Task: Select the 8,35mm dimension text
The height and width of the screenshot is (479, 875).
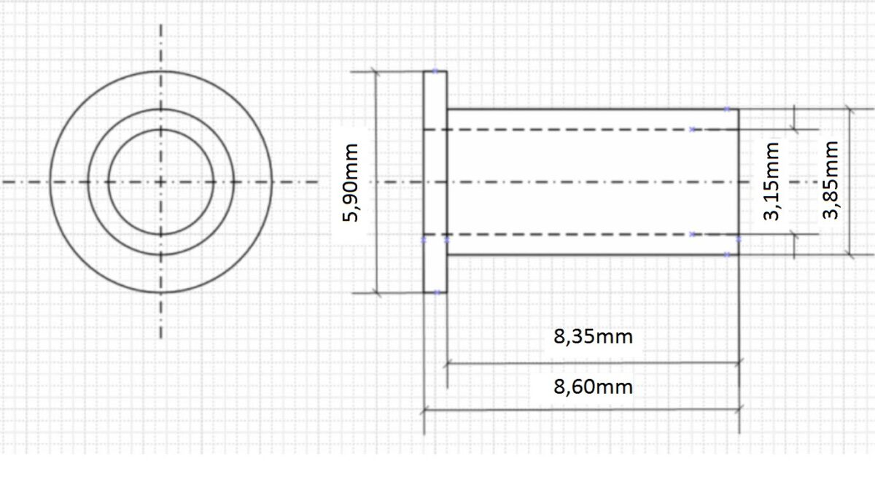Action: click(593, 338)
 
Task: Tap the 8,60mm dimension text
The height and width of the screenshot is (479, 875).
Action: click(593, 386)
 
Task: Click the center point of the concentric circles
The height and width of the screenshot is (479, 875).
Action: click(161, 182)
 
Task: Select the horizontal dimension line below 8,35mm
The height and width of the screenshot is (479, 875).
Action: click(593, 362)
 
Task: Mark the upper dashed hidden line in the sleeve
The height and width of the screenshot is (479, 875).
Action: click(583, 130)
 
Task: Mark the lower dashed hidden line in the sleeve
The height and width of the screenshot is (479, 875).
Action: click(583, 234)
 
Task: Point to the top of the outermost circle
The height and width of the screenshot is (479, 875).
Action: click(161, 71)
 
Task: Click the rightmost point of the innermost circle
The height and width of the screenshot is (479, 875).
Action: click(214, 182)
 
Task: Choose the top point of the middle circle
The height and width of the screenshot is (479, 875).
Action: click(161, 109)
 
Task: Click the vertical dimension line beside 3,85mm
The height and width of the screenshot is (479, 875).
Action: click(849, 146)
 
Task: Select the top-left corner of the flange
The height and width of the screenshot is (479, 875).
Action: click(424, 71)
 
